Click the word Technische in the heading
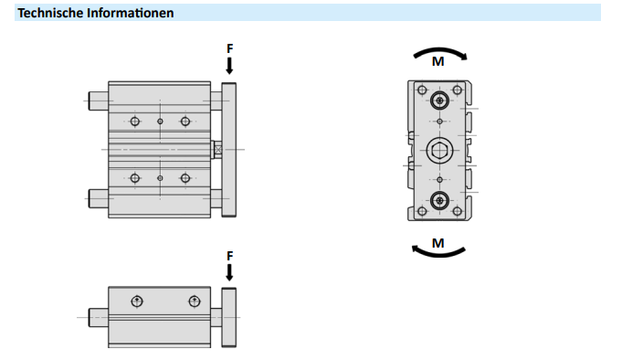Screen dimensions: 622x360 tap(50, 13)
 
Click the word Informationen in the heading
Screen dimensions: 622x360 tap(130, 13)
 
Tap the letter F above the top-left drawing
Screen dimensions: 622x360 tap(229, 48)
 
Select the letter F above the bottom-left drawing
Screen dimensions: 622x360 tap(229, 256)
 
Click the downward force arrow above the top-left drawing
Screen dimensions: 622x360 tap(229, 66)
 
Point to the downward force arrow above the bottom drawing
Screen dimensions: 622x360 tap(229, 273)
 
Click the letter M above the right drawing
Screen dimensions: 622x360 tap(438, 61)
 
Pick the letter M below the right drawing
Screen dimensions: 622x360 tap(438, 243)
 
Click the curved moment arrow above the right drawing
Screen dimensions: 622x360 tap(440, 50)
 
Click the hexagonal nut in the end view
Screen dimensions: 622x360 tap(439, 151)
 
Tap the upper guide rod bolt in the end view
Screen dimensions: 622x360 tap(439, 101)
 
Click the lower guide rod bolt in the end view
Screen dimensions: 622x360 tap(439, 200)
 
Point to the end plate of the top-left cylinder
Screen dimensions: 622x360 tap(229, 150)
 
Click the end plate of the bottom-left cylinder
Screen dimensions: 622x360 tap(229, 318)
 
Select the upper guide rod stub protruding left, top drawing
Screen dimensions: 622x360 tap(99, 101)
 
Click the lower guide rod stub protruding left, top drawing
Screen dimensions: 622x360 tap(99, 198)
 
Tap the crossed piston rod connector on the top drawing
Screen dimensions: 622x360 tap(216, 150)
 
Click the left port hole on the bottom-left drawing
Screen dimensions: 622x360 tap(137, 302)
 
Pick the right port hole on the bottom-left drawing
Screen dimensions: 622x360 tap(194, 302)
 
